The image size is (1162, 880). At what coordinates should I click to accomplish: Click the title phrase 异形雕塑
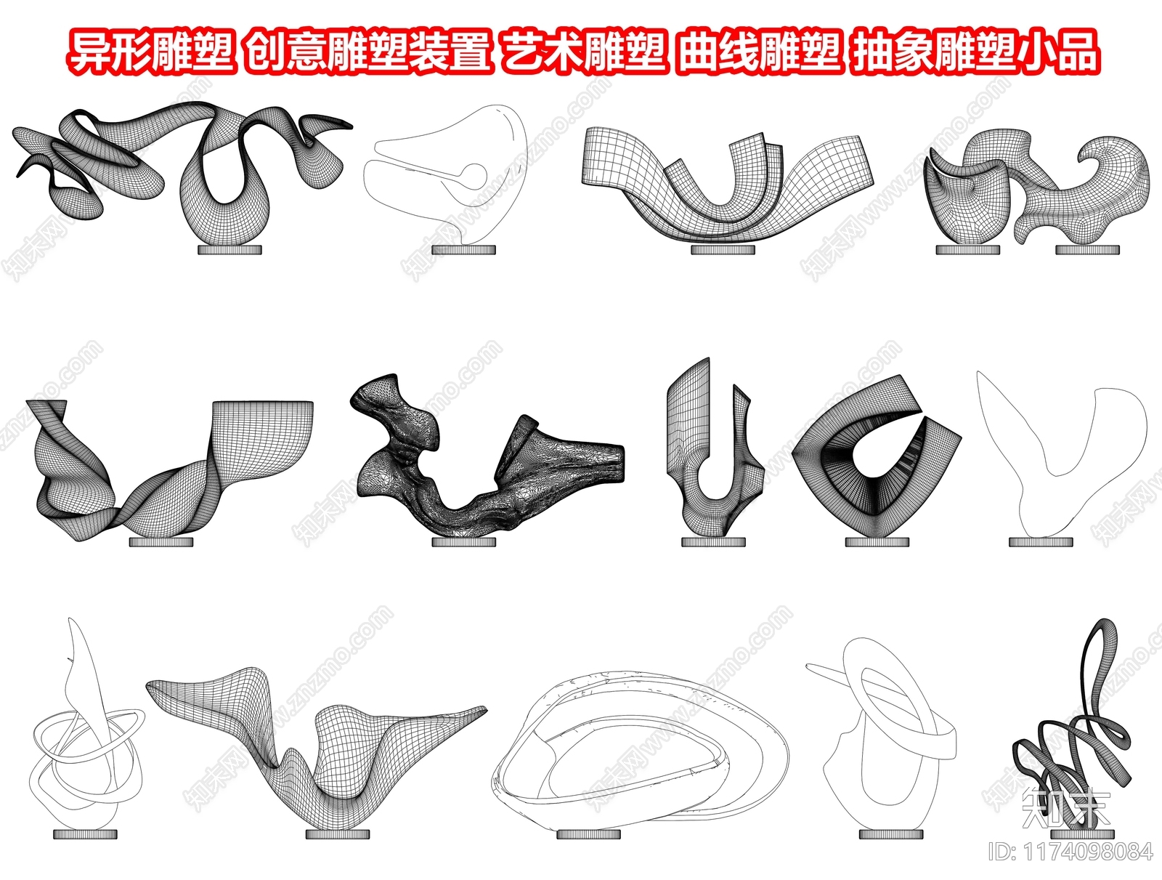152,52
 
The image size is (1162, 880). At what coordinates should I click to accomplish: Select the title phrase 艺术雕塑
584,52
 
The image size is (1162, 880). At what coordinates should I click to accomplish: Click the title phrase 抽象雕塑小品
975,52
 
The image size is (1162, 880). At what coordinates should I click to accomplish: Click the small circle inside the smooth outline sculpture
474,173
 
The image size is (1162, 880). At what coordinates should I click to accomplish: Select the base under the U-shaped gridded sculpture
723,250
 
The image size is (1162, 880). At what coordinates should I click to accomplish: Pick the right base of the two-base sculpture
1087,250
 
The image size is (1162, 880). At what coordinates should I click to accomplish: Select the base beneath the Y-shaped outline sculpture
1041,542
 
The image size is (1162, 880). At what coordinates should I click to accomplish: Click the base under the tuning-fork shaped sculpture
714,542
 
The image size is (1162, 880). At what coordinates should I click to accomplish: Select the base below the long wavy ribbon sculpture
230,250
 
